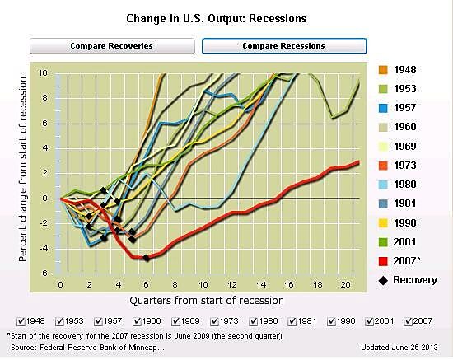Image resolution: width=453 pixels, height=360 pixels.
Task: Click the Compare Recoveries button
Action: tap(111, 45)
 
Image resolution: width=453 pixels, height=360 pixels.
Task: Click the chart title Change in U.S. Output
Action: tap(226, 16)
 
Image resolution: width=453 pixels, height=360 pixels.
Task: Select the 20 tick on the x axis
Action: tap(346, 283)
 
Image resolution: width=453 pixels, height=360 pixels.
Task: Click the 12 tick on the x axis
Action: tap(231, 283)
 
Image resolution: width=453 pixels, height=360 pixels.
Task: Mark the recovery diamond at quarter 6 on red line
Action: tap(147, 258)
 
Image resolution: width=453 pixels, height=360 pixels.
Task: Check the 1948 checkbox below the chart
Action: tap(20, 321)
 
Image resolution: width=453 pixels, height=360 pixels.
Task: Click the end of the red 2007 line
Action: tap(359, 162)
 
